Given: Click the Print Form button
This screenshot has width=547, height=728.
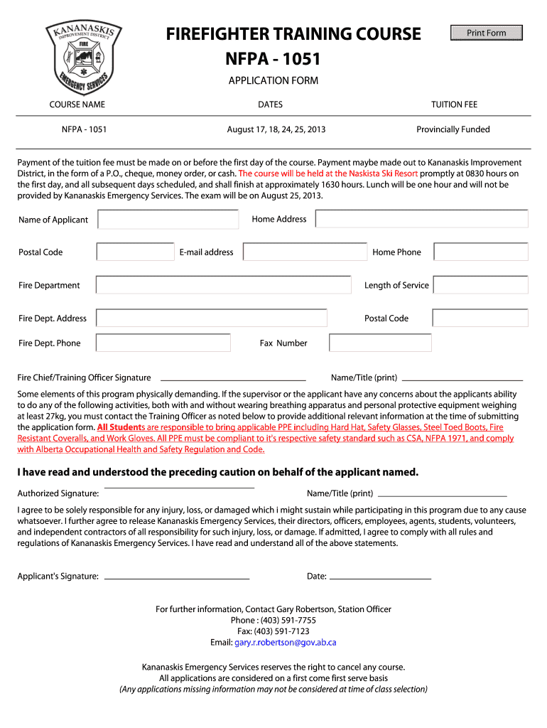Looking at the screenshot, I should [487, 33].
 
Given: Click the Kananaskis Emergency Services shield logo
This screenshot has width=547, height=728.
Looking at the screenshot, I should [84, 57].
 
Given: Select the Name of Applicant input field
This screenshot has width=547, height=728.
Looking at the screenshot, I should [168, 220].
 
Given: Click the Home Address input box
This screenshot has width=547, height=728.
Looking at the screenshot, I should [421, 219].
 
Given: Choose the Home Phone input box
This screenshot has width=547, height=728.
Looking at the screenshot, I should [481, 252].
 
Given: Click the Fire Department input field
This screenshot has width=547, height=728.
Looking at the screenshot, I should [224, 285].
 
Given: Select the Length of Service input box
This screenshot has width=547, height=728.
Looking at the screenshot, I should [481, 285].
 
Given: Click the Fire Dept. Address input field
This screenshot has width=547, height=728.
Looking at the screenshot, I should [212, 318].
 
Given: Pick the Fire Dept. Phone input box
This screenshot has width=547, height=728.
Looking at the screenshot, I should [163, 343].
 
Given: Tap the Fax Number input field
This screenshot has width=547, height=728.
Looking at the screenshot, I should [381, 343].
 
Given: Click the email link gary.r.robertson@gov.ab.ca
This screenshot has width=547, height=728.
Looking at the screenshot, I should [286, 642].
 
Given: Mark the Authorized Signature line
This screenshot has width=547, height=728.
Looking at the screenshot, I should [180, 488].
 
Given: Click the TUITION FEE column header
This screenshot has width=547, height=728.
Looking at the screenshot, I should [454, 105].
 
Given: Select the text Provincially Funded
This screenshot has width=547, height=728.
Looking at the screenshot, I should [453, 129].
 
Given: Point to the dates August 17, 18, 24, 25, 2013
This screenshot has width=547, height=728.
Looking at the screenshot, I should [276, 129].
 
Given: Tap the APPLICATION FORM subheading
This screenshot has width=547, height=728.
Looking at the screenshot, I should [273, 80].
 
